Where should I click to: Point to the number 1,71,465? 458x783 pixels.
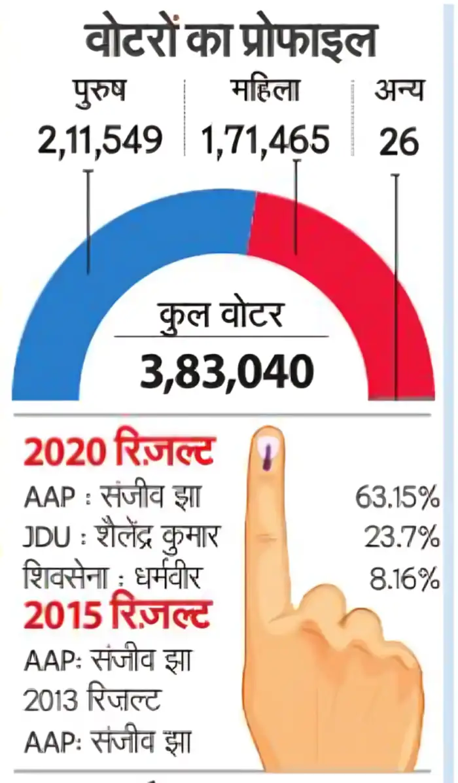tap(266, 140)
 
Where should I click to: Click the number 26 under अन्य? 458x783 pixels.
tap(399, 141)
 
